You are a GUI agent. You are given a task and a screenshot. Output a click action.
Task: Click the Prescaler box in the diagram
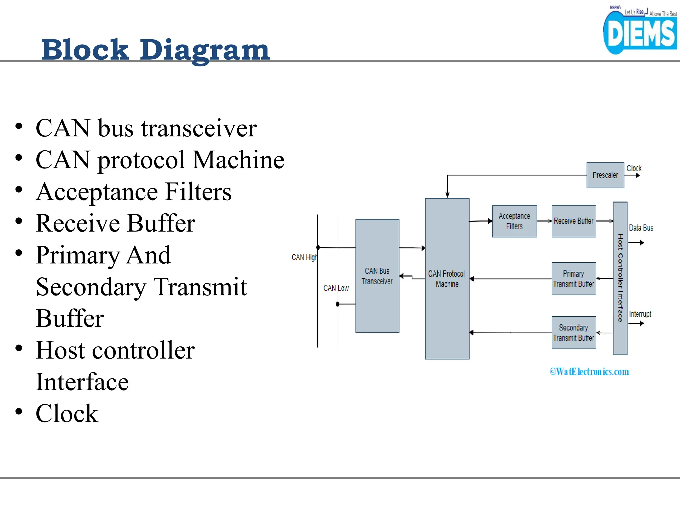click(605, 175)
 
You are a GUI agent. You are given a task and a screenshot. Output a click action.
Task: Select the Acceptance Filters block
click(514, 221)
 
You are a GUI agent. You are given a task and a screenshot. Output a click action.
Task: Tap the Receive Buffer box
click(573, 221)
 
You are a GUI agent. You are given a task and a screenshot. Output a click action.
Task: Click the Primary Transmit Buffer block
click(573, 279)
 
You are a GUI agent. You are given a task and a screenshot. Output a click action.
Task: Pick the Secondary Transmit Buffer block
click(573, 333)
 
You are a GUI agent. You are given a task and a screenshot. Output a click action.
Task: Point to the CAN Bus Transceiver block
click(377, 276)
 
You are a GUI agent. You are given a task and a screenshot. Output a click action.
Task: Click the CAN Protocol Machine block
click(447, 279)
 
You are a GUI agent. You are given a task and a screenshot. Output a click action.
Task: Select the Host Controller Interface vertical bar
click(620, 278)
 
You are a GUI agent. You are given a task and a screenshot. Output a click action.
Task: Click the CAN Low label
click(336, 288)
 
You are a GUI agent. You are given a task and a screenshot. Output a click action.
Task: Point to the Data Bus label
click(641, 228)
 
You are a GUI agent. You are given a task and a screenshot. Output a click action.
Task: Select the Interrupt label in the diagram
click(640, 314)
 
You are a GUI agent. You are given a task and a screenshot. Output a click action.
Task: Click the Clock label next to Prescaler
click(634, 168)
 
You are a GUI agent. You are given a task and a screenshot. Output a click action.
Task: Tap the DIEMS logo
click(640, 33)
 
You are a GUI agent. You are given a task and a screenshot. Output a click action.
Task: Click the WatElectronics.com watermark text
click(589, 372)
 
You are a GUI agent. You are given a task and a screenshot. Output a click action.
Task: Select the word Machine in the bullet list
click(238, 160)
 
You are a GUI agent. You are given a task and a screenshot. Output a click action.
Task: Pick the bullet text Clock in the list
click(67, 414)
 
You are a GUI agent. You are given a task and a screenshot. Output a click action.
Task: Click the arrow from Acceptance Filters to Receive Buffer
click(544, 221)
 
